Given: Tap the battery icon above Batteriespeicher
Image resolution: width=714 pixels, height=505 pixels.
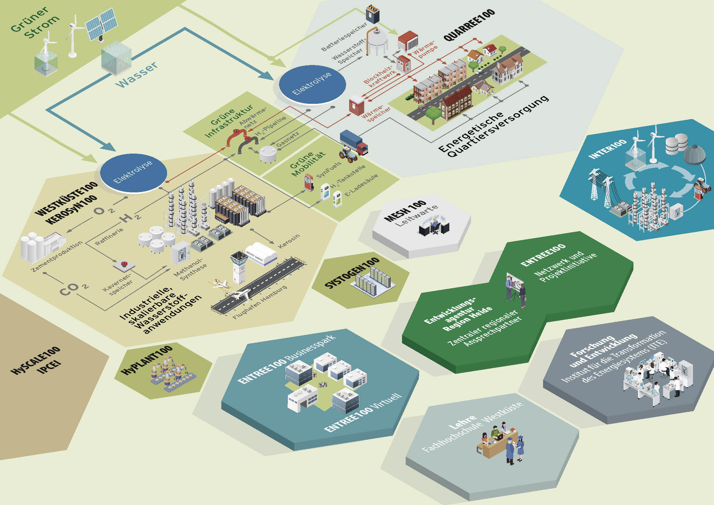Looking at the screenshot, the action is point(372,14).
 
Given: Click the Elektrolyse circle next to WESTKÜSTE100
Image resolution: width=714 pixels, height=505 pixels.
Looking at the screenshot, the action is point(133,173).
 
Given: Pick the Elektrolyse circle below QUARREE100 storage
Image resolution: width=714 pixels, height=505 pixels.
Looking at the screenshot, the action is point(312,84).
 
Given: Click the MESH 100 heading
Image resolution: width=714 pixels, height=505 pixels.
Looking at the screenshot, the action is point(405,211).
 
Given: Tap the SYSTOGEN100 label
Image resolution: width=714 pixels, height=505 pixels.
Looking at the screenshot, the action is point(352,273).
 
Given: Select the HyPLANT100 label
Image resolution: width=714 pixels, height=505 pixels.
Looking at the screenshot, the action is point(146,360).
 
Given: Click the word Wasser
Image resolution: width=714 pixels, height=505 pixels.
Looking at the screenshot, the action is point(137,75).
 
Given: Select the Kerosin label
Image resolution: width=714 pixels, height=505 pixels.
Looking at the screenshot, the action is point(289,241).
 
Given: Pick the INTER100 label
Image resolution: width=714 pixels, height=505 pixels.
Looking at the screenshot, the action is point(607,149).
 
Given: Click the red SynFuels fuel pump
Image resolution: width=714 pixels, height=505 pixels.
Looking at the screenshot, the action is point(309,182).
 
